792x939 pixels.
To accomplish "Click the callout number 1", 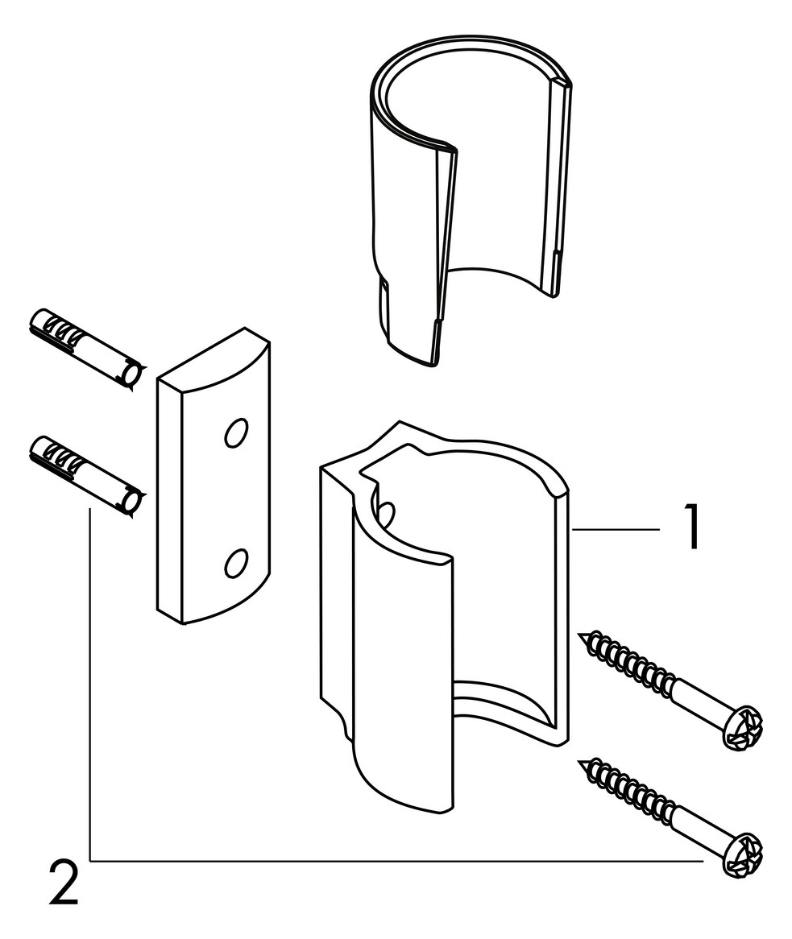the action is click(692, 527).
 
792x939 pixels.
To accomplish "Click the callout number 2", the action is click(64, 882).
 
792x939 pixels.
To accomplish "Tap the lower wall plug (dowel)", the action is click(85, 476).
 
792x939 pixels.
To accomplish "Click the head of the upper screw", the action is click(743, 727).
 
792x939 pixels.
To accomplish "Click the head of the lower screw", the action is click(743, 855).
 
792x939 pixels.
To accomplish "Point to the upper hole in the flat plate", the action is click(235, 433).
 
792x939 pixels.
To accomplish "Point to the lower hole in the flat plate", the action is click(235, 562).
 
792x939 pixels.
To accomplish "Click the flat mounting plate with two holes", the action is click(214, 476).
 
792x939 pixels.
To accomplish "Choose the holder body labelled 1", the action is click(443, 617).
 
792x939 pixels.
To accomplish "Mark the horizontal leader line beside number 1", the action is click(616, 529).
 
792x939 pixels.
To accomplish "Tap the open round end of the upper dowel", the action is click(132, 376).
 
